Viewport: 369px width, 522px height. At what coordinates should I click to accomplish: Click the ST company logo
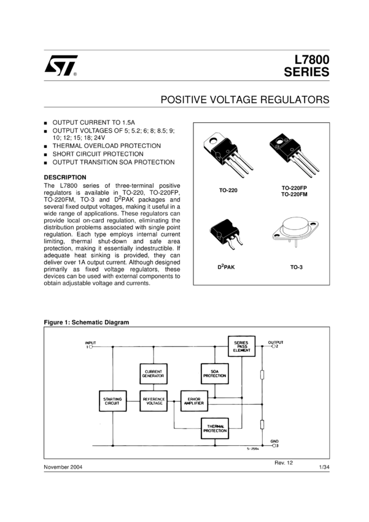[x=60, y=65]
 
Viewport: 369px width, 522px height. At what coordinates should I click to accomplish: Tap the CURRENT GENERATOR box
[x=153, y=373]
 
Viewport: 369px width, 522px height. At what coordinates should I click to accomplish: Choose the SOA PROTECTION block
[x=214, y=373]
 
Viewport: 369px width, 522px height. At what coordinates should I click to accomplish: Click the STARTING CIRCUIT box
[x=112, y=402]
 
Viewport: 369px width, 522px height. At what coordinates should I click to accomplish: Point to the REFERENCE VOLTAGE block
[x=153, y=402]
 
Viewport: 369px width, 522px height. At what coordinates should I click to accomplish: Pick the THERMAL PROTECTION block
[x=214, y=428]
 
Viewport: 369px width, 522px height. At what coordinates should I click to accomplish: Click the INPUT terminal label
[x=90, y=342]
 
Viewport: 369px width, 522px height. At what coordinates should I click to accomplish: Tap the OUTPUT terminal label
[x=276, y=342]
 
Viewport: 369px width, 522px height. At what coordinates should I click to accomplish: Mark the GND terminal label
[x=274, y=442]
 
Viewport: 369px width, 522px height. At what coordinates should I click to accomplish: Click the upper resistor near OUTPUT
[x=262, y=375]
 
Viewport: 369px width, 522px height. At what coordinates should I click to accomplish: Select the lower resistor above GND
[x=262, y=424]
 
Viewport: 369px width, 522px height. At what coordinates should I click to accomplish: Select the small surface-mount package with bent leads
[x=225, y=234]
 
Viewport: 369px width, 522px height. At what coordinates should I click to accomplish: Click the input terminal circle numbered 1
[x=91, y=347]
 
